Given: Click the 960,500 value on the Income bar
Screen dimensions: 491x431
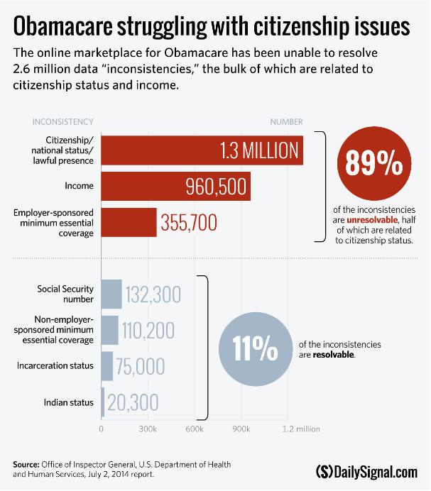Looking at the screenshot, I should [215, 187].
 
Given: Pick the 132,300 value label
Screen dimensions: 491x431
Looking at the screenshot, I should [153, 294].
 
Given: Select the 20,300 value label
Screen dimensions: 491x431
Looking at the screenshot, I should [134, 402].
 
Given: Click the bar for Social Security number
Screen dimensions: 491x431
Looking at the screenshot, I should [111, 294].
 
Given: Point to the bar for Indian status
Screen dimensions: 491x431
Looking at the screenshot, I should [103, 402].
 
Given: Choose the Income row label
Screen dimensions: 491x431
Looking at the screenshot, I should [82, 186].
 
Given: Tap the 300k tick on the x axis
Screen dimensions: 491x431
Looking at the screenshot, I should [148, 429].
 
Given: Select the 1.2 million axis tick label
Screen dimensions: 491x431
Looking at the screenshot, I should [301, 429].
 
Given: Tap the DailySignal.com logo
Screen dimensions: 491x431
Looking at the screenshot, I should [366, 471].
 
